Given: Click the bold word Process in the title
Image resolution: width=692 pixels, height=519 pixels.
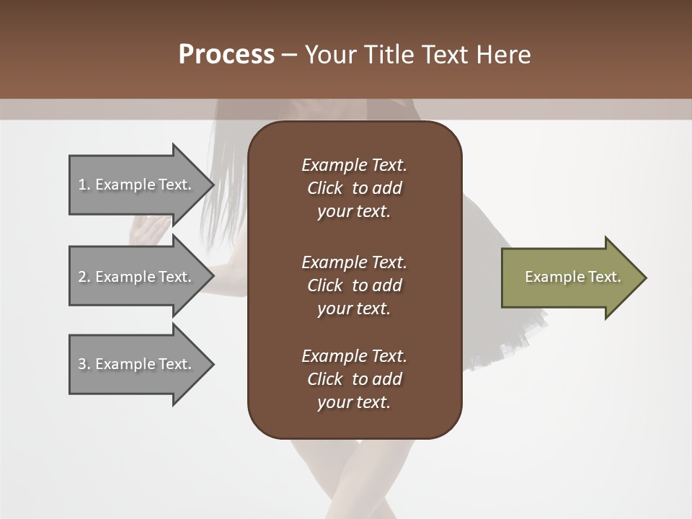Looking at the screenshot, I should point(226,55).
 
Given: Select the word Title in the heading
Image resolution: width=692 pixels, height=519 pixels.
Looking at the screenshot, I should point(389,55).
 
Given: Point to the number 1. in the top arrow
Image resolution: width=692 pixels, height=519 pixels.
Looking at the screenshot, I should point(84,185).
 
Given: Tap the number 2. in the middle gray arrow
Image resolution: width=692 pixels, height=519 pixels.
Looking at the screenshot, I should point(84,277).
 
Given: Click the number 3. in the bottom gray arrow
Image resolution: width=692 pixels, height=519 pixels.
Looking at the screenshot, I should point(84,364).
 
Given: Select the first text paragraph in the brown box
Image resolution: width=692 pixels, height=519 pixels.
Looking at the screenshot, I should point(354,188).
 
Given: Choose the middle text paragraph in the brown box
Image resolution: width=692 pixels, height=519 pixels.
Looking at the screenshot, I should point(354,285).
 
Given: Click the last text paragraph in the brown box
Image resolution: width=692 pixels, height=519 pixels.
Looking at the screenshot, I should point(354,379).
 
